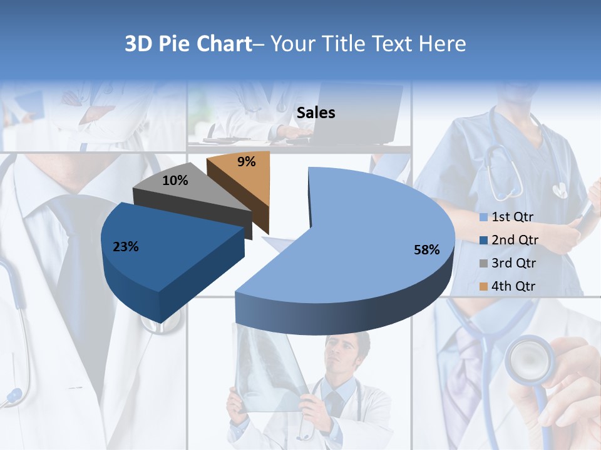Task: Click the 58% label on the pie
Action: tap(426, 250)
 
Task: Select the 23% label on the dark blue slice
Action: tap(126, 247)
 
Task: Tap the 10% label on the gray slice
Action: tap(175, 181)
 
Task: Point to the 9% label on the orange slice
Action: tap(247, 162)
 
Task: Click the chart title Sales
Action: tap(316, 113)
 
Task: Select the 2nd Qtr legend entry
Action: tap(515, 240)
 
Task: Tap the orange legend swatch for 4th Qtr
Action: tap(483, 286)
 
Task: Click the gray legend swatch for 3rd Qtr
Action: tap(483, 263)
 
